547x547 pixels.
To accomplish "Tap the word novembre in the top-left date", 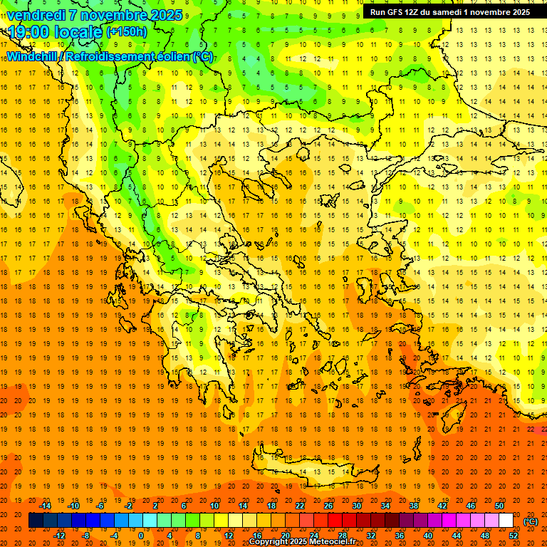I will tap(114, 15).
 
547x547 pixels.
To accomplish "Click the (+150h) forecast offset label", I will tap(127, 31).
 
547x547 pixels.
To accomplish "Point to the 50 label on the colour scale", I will tap(499, 506).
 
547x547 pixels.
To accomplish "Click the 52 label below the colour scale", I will tap(514, 536).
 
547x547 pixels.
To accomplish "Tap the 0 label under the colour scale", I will tap(141, 536).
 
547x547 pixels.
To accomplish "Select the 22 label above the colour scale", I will tap(300, 506).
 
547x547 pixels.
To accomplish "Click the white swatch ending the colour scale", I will tap(506, 521).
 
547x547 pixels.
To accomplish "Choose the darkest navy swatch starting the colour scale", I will tap(36, 521).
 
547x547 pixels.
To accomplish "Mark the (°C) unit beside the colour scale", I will tap(531, 521).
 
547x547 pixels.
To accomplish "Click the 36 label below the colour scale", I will tap(400, 536).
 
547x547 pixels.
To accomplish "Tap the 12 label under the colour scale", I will tap(229, 536).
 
